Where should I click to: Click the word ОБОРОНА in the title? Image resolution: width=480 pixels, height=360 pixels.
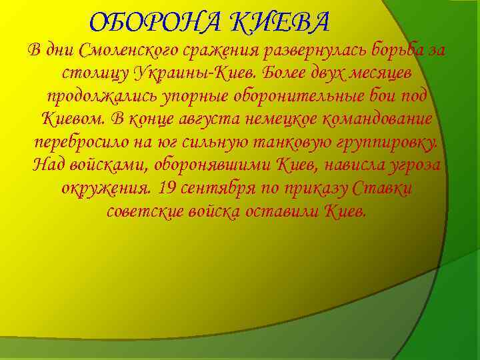pyautogui.click(x=157, y=23)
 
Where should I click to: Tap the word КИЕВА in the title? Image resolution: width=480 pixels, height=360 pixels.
pyautogui.click(x=280, y=23)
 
